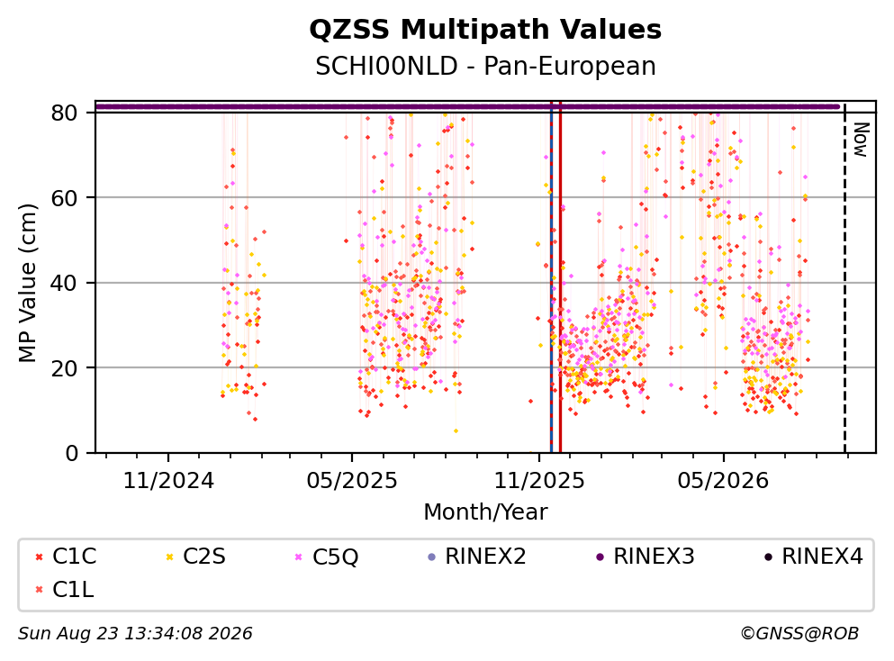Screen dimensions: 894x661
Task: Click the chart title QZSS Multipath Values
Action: (485, 30)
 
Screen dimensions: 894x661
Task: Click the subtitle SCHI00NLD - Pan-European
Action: (485, 66)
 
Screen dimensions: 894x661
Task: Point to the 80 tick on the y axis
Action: (64, 113)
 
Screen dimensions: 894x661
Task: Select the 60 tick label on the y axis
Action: (64, 198)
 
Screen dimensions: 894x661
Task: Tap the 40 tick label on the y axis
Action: (64, 283)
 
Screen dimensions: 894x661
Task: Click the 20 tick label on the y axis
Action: (64, 367)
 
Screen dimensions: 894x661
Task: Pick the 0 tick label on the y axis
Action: (71, 453)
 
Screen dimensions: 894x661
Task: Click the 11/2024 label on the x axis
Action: (168, 481)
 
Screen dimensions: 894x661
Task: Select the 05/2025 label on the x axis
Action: (352, 481)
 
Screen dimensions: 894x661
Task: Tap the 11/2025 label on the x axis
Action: (538, 481)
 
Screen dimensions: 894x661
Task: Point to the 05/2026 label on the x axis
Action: (723, 481)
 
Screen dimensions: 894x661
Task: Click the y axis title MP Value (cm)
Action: (27, 283)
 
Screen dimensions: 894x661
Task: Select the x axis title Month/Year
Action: (485, 512)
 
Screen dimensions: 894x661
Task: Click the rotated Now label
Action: (861, 140)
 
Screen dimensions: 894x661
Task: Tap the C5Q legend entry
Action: (327, 557)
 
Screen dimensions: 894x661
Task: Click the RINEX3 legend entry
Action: (646, 556)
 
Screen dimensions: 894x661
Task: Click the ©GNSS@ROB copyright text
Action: (799, 633)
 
